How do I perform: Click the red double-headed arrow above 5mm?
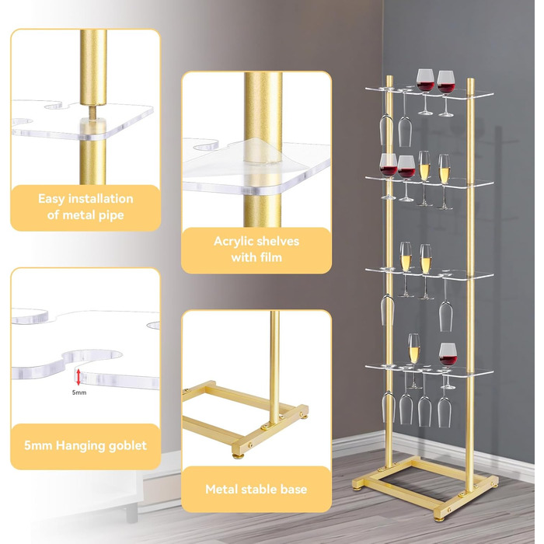pos(78,377)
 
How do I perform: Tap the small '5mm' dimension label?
pos(79,392)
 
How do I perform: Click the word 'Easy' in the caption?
pos(52,199)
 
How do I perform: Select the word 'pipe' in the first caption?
pos(111,215)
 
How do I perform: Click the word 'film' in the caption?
pos(272,257)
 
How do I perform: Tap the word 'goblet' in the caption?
pos(128,445)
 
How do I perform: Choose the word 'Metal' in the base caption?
pos(221,489)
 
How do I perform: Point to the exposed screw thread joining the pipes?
pos(93,112)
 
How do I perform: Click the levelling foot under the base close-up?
pos(239,454)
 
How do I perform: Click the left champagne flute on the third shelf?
pos(406,270)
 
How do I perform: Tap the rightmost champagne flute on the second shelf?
pos(445,181)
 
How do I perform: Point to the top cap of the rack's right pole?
pos(470,81)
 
